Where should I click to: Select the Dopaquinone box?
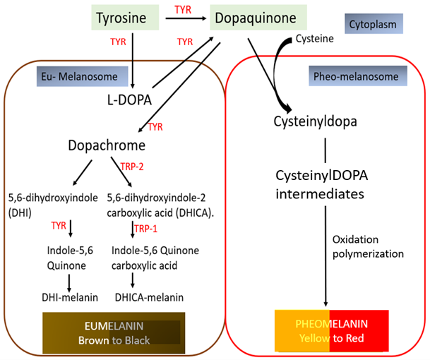256,17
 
